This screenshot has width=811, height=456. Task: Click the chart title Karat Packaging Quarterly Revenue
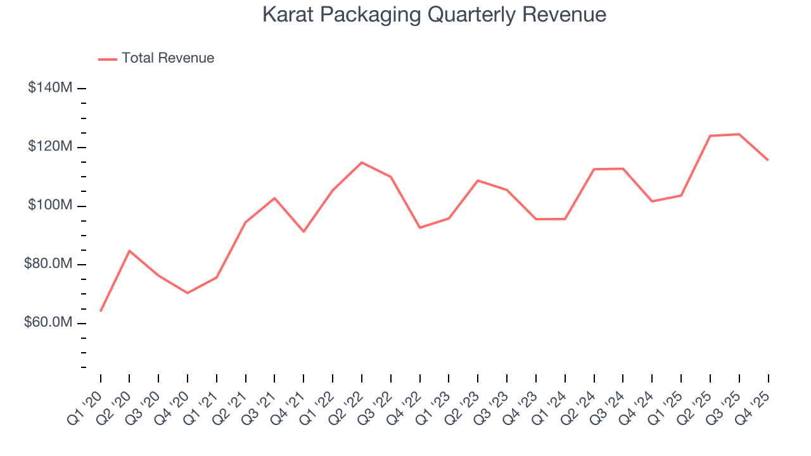[x=434, y=15]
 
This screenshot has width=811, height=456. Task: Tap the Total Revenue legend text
[x=168, y=58]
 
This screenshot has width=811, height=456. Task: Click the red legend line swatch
[x=108, y=59]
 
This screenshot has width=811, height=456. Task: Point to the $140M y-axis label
[x=49, y=88]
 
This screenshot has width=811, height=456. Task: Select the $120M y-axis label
[x=49, y=147]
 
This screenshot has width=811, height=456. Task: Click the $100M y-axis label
[x=49, y=206]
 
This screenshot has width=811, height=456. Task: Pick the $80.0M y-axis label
[x=48, y=264]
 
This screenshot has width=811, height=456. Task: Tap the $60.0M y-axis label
[x=48, y=323]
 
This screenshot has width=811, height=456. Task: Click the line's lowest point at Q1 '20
[x=101, y=311]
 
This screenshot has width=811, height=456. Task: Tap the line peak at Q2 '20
[x=129, y=251]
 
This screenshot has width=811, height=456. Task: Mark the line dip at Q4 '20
[x=188, y=293]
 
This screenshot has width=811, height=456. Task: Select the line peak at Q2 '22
[x=362, y=163]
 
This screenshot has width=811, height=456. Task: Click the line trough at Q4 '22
[x=420, y=227]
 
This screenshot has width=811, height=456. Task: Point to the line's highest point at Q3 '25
[x=739, y=134]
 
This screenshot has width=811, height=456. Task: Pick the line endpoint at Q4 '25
[x=768, y=160]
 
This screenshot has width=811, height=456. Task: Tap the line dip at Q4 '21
[x=303, y=232]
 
